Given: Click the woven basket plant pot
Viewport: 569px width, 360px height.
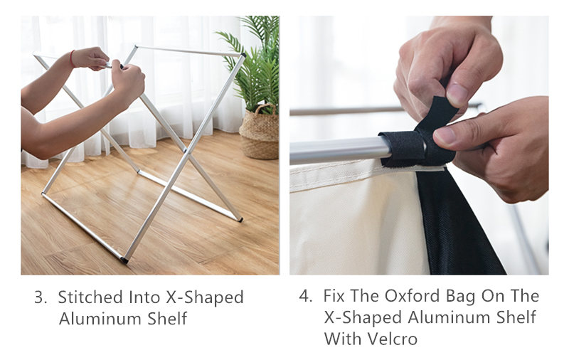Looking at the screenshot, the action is pyautogui.click(x=259, y=132).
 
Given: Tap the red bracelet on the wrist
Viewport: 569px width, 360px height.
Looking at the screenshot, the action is pyautogui.click(x=72, y=59).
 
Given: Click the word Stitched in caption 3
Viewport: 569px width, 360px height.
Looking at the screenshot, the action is pyautogui.click(x=90, y=297).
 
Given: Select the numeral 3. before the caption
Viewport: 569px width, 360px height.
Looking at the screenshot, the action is pyautogui.click(x=41, y=297).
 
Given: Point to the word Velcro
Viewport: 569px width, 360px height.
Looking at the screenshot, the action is pyautogui.click(x=393, y=339).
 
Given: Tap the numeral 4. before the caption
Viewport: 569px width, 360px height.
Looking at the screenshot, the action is pyautogui.click(x=306, y=296).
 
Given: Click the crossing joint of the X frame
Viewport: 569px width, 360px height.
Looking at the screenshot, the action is pyautogui.click(x=186, y=152).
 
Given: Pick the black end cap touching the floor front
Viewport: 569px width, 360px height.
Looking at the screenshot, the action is pyautogui.click(x=124, y=260).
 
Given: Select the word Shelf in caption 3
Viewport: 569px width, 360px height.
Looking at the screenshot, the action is pyautogui.click(x=167, y=319).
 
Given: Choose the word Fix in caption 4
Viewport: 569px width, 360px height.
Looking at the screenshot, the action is pyautogui.click(x=334, y=296).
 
